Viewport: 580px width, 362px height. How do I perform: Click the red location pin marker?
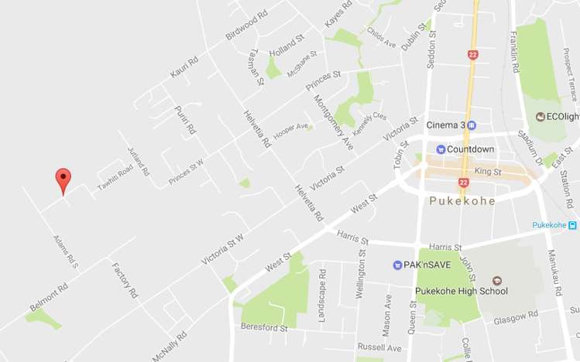(63, 180)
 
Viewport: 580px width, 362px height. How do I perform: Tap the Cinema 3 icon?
(472, 125)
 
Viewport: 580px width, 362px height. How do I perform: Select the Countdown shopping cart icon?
(441, 149)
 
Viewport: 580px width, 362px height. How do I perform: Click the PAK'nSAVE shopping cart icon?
(397, 265)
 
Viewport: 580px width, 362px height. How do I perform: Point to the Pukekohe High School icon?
(497, 280)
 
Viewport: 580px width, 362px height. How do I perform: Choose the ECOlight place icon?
(541, 116)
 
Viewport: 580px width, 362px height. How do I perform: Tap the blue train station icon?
(572, 225)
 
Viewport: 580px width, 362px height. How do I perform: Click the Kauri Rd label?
(184, 67)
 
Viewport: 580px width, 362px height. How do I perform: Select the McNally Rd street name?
(170, 346)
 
